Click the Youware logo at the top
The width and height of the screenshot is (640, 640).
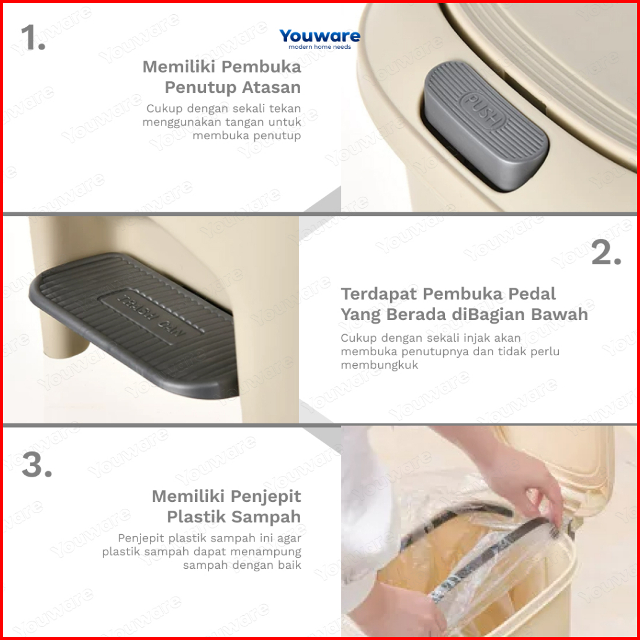(x=319, y=39)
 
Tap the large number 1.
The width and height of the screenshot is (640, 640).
(x=33, y=37)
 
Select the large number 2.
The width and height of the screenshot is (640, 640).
(x=606, y=253)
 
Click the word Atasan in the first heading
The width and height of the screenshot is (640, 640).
(x=271, y=87)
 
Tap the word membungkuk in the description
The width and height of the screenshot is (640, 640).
(x=379, y=365)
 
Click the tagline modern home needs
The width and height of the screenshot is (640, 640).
(x=319, y=47)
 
